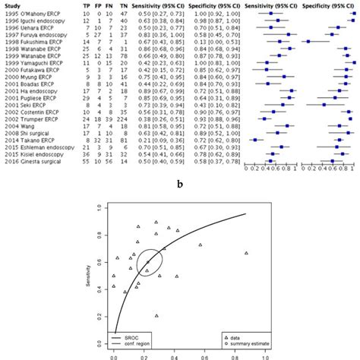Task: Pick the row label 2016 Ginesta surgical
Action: (34, 162)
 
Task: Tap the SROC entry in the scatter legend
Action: (141, 333)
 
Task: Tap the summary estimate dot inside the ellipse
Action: (149, 262)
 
